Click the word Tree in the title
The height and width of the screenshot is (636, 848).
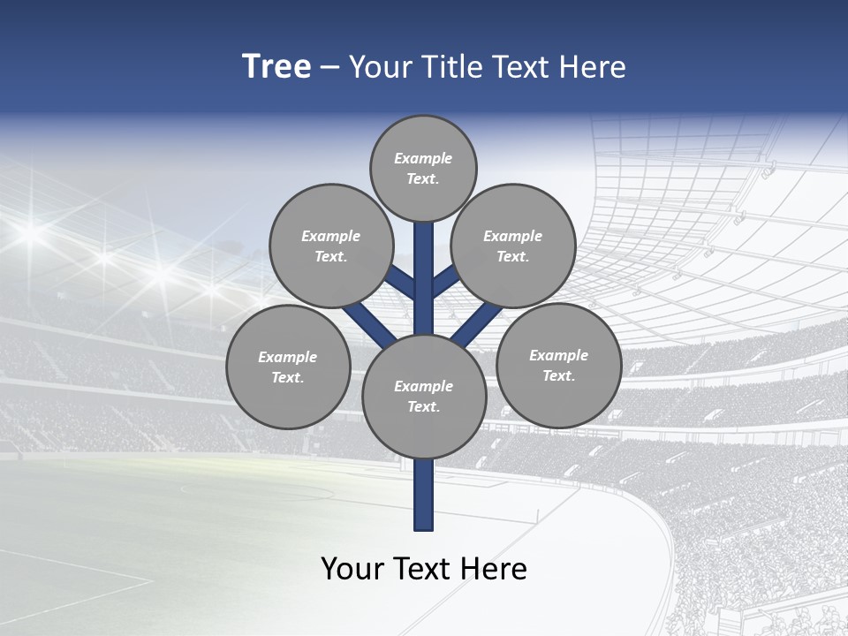tap(276, 67)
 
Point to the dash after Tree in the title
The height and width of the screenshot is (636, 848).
tap(329, 68)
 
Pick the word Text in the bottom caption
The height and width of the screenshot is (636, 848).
tap(422, 569)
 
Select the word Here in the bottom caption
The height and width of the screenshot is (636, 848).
tap(495, 569)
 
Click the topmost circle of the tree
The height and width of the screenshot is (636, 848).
tap(423, 168)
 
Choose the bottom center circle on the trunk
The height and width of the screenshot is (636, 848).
tap(424, 397)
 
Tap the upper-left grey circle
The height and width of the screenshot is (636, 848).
tap(331, 246)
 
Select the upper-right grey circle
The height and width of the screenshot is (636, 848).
tap(513, 246)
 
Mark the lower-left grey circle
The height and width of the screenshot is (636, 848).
tap(288, 367)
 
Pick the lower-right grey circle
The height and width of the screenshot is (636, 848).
tap(558, 365)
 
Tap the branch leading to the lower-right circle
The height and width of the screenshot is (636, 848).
tap(478, 323)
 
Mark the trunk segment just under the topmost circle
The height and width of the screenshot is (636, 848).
tap(424, 265)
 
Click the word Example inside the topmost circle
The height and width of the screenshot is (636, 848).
tap(423, 158)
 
